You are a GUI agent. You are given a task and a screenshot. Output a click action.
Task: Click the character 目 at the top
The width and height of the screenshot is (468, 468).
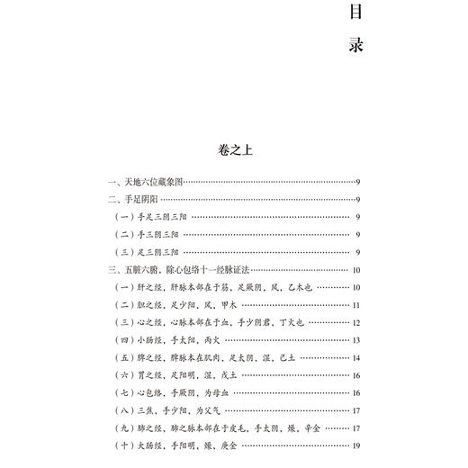[354, 13]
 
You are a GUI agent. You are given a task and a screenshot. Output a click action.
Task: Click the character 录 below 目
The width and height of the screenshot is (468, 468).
[354, 44]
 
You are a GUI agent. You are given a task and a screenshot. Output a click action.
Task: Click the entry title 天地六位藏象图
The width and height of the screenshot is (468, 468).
[150, 182]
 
